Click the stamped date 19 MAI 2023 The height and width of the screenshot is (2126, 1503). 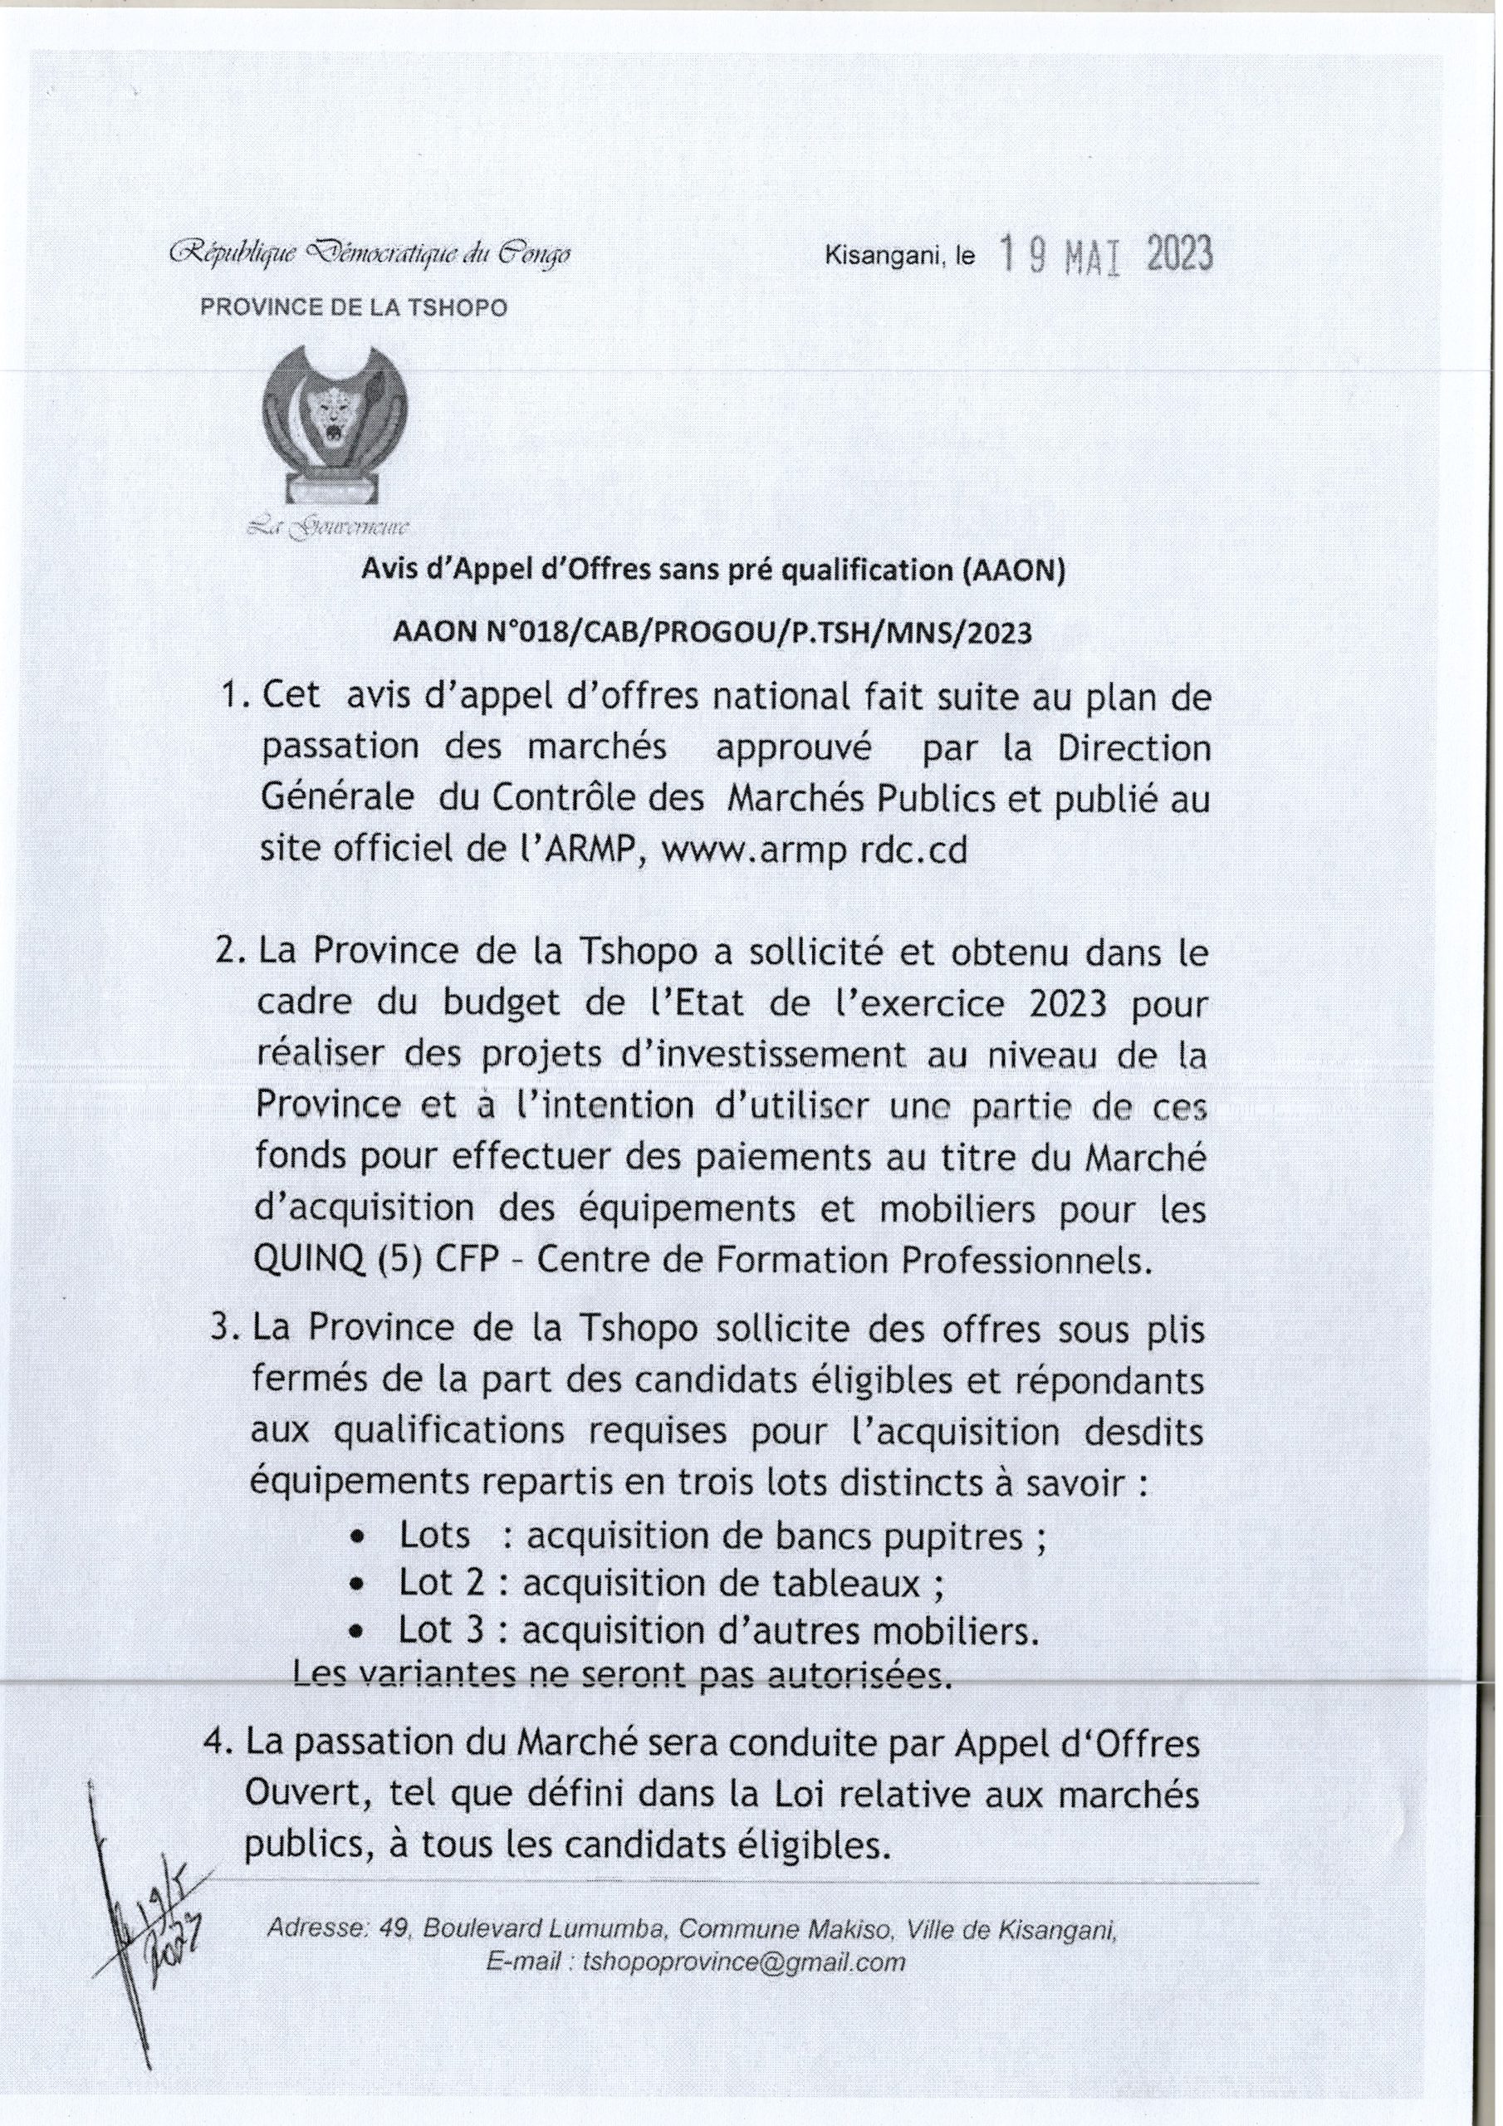(1108, 256)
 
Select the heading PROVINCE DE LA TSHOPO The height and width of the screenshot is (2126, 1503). (354, 308)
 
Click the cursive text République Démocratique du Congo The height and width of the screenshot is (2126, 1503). (369, 252)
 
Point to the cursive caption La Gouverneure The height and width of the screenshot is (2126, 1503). (330, 529)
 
